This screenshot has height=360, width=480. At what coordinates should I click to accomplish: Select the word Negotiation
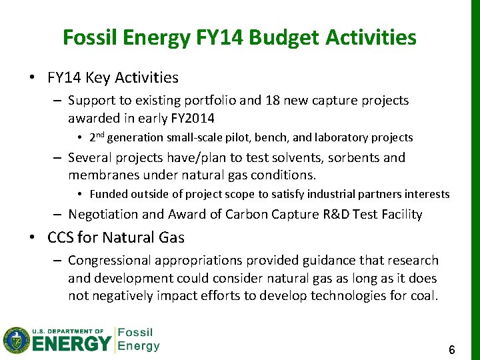pos(103,215)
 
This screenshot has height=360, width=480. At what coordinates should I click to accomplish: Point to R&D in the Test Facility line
pos(301,215)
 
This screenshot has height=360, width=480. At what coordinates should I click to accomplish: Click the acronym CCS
pos(61,238)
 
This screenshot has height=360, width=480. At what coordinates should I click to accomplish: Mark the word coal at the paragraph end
pos(423,295)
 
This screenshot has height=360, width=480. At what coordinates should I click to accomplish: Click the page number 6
pos(451,349)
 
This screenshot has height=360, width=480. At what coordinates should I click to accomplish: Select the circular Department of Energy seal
pos(16,341)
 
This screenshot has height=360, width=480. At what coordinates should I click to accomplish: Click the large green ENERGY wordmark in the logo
pos(71,344)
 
